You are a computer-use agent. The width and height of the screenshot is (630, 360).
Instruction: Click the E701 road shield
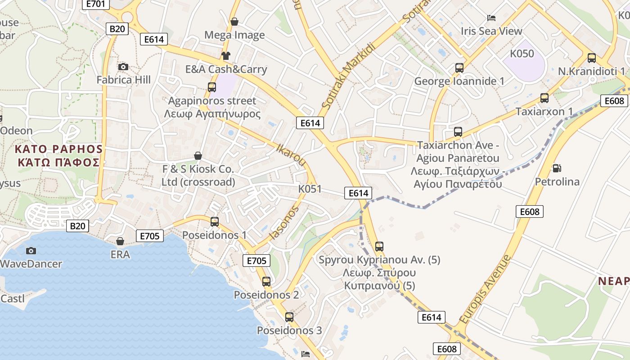pos(95,4)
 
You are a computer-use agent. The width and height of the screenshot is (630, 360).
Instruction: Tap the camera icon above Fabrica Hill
pos(123,67)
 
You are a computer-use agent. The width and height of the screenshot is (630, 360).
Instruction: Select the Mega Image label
pos(234,35)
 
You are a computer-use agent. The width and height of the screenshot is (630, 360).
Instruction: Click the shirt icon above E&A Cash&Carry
pos(225,56)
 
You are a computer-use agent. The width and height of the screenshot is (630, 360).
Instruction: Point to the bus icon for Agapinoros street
pos(211,87)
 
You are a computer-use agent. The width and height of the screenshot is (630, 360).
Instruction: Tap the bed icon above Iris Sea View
pos(491,18)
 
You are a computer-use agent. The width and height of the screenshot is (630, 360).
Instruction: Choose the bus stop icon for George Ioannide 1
pos(459,68)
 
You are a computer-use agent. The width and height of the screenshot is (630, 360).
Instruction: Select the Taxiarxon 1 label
pos(544,111)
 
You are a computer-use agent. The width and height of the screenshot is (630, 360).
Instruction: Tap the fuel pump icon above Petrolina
pos(557,168)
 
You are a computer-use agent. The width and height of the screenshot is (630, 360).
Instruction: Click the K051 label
pos(310,189)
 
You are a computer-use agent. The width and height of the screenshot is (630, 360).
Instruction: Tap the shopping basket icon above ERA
pos(120,241)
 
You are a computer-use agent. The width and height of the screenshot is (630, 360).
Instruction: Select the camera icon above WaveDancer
pos(31,251)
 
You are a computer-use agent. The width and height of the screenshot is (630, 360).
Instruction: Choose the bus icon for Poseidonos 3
pos(289,317)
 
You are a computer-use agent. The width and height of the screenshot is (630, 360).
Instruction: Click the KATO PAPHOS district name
pos(58,156)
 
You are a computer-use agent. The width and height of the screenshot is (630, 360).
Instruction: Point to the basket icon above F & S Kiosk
pos(198,156)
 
